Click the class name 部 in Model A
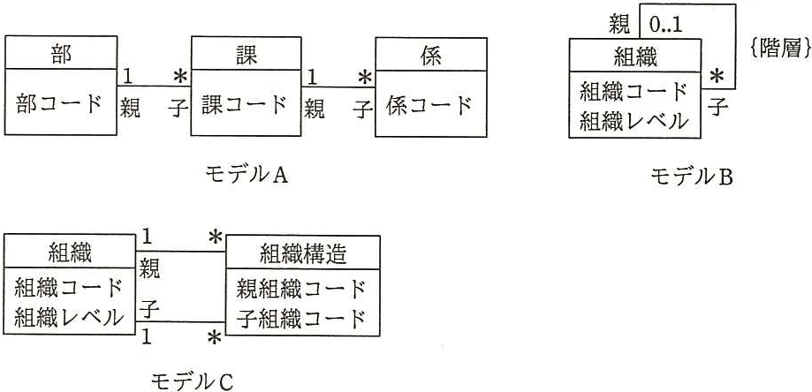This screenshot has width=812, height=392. (x=61, y=53)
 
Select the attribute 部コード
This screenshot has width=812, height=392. (x=58, y=104)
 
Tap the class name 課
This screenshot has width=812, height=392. (x=246, y=54)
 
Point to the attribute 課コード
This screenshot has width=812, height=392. (x=244, y=105)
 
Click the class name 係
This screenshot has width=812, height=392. (x=431, y=56)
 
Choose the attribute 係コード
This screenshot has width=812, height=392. (x=429, y=106)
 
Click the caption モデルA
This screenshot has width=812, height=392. (x=246, y=177)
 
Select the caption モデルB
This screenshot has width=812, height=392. (x=691, y=177)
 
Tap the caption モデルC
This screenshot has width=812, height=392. (x=192, y=382)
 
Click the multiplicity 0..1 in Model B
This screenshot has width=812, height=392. (x=665, y=26)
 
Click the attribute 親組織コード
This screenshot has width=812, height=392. (x=301, y=289)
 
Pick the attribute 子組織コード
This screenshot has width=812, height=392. (x=301, y=319)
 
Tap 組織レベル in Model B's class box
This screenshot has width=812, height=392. (x=634, y=122)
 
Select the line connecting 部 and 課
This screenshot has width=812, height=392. (x=154, y=86)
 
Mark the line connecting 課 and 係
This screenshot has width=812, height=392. (x=338, y=87)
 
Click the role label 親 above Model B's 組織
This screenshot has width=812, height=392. (x=618, y=24)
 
